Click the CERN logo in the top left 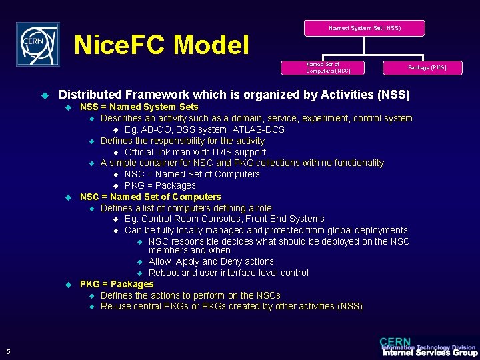[x=38, y=44]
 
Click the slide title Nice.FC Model [x=161, y=45]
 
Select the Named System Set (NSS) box [x=365, y=28]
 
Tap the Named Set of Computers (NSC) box [x=324, y=67]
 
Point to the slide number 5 [x=7, y=352]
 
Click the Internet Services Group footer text [x=429, y=353]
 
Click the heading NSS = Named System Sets [x=139, y=107]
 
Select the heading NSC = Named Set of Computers [x=150, y=197]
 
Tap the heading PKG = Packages [x=117, y=284]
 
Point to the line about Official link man [x=195, y=152]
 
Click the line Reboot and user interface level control [x=228, y=273]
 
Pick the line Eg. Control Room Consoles [x=224, y=219]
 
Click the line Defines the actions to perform [x=190, y=295]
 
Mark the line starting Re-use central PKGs [x=231, y=306]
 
